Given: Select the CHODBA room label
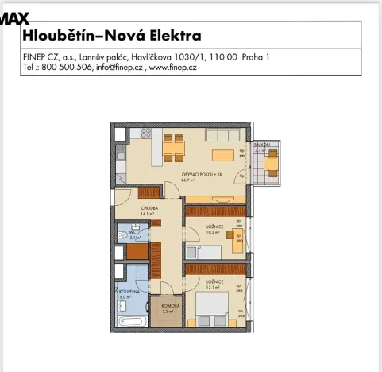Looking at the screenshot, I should click(150, 208).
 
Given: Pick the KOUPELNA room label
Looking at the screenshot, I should click(130, 292).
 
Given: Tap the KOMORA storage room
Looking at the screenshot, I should click(168, 306).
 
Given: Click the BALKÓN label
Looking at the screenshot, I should click(262, 145).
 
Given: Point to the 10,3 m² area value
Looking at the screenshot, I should click(212, 234).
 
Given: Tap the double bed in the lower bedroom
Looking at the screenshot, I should click(217, 307).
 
